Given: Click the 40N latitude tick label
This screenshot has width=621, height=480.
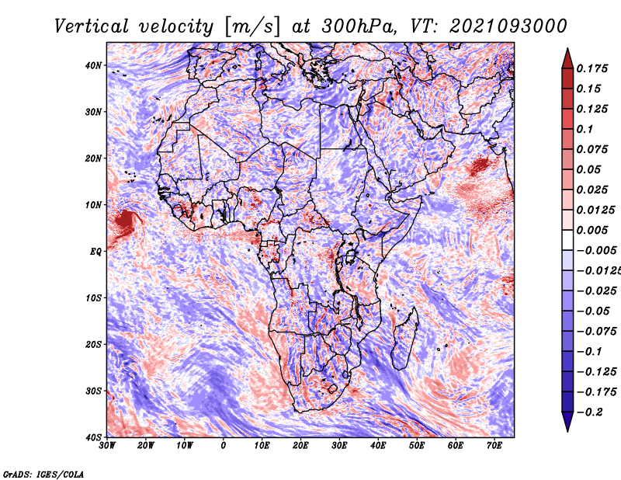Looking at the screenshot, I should pyautogui.click(x=93, y=65).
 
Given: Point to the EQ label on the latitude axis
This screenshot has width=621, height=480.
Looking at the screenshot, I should pyautogui.click(x=96, y=251).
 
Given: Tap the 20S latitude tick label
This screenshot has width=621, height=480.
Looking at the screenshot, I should pyautogui.click(x=93, y=344).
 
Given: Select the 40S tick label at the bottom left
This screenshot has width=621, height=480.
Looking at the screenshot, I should pyautogui.click(x=93, y=437).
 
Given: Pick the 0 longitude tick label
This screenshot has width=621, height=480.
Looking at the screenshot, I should pyautogui.click(x=224, y=446).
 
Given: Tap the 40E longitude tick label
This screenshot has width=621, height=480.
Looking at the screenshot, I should pyautogui.click(x=378, y=446).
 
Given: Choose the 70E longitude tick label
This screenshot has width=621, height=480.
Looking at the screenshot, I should pyautogui.click(x=494, y=446).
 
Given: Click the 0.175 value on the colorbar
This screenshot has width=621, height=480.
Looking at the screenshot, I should pyautogui.click(x=592, y=68).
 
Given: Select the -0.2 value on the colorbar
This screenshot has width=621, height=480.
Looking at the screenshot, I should pyautogui.click(x=587, y=412).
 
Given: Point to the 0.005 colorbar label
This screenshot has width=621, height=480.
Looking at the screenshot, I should pyautogui.click(x=592, y=230).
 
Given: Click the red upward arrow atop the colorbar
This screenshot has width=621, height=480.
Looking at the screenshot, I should pyautogui.click(x=567, y=57).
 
